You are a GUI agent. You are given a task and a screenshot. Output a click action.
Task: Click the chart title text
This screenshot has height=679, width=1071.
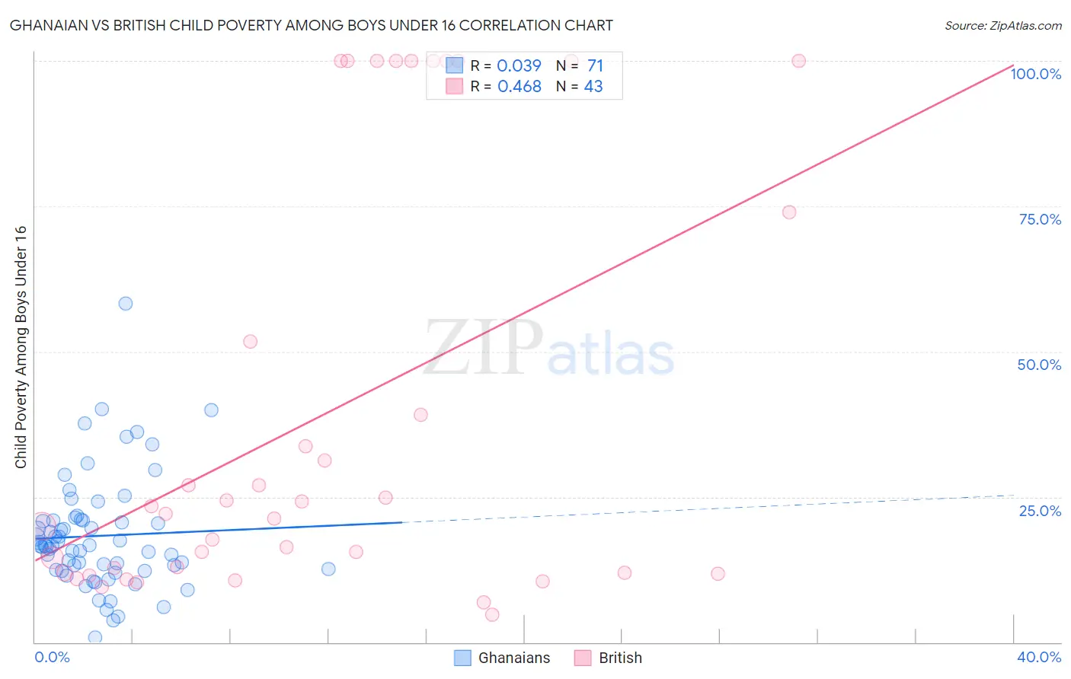pos(311,26)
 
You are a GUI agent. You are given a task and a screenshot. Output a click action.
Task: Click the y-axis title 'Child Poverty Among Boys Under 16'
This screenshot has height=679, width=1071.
pos(21,347)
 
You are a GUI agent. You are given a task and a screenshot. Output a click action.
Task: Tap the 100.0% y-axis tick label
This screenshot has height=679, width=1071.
pos(1035,74)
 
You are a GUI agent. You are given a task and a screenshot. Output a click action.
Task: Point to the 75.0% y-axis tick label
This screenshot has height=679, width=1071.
pos(1040,219)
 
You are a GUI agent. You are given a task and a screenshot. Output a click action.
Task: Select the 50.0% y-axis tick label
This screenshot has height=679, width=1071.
pos(1039,365)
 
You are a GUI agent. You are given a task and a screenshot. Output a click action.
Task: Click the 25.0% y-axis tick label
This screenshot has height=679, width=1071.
pos(1040,511)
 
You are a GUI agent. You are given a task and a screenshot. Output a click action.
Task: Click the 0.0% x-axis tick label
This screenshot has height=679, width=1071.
pos(52,657)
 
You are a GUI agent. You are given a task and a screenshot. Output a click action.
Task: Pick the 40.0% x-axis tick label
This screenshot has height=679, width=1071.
pos(1039,657)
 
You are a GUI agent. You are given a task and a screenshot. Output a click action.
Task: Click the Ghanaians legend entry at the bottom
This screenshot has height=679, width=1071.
pos(503,658)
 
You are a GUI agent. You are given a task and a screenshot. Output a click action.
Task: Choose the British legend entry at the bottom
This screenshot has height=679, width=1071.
pos(609,658)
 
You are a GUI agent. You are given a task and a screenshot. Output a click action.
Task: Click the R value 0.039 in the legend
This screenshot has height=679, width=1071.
pos(519,66)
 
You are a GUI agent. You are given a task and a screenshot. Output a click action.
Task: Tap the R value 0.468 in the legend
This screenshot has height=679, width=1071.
pos(519,87)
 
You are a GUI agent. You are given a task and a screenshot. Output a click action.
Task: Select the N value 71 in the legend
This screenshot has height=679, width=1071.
pos(595,66)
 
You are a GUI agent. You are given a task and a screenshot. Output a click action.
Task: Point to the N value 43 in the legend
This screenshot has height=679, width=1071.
pos(593,87)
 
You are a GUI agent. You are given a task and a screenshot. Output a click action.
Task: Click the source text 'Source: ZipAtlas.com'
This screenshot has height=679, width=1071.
pos(1002,26)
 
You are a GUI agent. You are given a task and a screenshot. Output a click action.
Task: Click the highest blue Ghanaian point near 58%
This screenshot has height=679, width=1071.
pos(126,304)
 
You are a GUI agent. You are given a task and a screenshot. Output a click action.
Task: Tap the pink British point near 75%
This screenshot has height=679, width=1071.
pos(789,212)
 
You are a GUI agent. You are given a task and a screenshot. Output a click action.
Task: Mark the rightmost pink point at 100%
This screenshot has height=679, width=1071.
pos(798,61)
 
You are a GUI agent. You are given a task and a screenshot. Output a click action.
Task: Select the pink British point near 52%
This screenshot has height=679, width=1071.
pos(250,342)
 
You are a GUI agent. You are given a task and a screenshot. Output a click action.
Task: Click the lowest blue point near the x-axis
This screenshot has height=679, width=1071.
pos(95,637)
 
